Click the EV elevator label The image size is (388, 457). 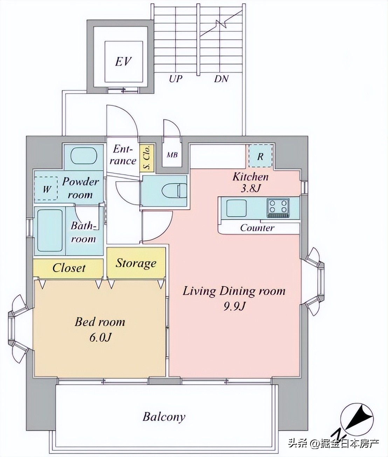[x=123, y=62]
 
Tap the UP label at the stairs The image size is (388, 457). [x=176, y=78]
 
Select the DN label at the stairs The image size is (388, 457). [x=221, y=79]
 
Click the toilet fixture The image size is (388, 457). [x=174, y=190]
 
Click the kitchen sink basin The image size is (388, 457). [x=236, y=208]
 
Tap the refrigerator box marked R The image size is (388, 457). [x=261, y=156]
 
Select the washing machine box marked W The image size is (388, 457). [x=46, y=188]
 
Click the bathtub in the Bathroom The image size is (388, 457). [x=50, y=230]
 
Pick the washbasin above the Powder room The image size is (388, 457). [x=84, y=155]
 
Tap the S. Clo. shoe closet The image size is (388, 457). [x=147, y=157]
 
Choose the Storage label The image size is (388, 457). [x=136, y=263]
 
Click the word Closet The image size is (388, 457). [x=69, y=268]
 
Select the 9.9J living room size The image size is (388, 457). [x=234, y=307]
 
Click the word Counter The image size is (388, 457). [x=257, y=228]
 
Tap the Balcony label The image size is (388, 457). [x=164, y=417]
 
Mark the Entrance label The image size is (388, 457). [x=123, y=155]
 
